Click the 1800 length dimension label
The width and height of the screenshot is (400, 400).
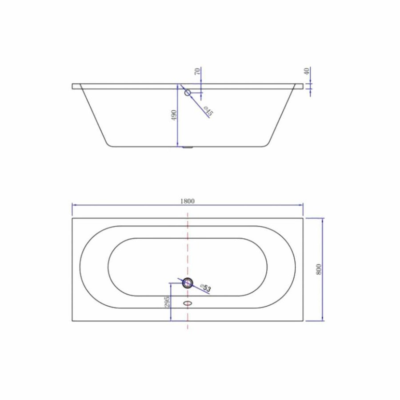(188, 200)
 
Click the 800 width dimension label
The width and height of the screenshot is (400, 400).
(318, 269)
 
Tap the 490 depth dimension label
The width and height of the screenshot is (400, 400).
(174, 116)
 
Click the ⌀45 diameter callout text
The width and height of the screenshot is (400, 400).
(208, 112)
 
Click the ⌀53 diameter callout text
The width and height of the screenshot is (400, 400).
(205, 288)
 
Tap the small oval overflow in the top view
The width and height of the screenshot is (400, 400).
(188, 303)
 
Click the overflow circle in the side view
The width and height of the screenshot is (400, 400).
(188, 92)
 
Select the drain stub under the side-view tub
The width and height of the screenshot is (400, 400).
(188, 147)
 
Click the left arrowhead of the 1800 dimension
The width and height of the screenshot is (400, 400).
(74, 205)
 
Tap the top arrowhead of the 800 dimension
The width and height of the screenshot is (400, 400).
(323, 220)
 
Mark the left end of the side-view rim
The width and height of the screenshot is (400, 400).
(73, 86)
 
